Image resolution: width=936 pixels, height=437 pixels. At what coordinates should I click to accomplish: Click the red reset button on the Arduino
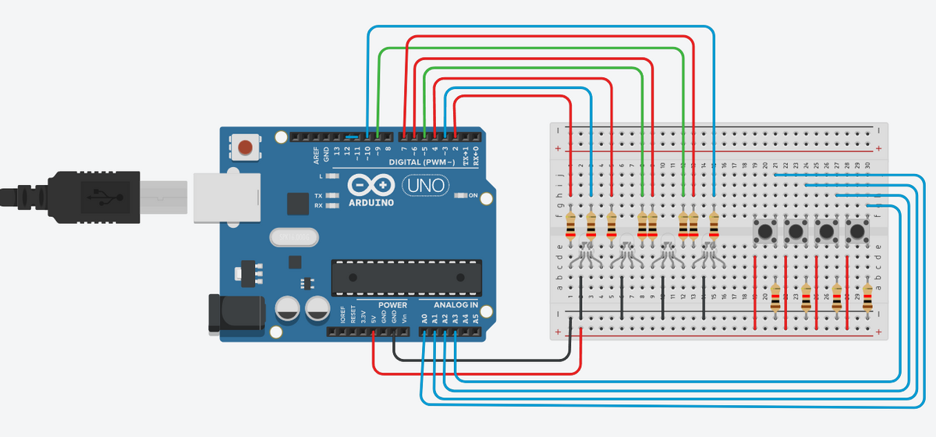point(246,147)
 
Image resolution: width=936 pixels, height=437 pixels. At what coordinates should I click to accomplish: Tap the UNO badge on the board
point(426,187)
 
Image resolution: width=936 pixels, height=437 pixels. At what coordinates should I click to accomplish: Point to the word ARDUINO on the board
point(372,202)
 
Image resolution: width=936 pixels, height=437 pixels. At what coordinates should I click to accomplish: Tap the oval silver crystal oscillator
point(292,236)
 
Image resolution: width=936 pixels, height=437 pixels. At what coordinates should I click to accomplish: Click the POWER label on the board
point(393,304)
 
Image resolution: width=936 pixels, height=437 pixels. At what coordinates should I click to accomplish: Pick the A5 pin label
point(475,318)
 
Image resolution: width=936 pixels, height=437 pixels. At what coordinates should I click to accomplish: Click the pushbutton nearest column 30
point(857,231)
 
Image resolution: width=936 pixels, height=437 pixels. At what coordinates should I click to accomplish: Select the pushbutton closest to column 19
point(764,231)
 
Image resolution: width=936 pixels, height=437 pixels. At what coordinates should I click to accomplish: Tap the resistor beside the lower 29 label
point(867,297)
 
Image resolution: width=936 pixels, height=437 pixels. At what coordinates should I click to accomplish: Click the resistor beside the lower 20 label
point(775,297)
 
